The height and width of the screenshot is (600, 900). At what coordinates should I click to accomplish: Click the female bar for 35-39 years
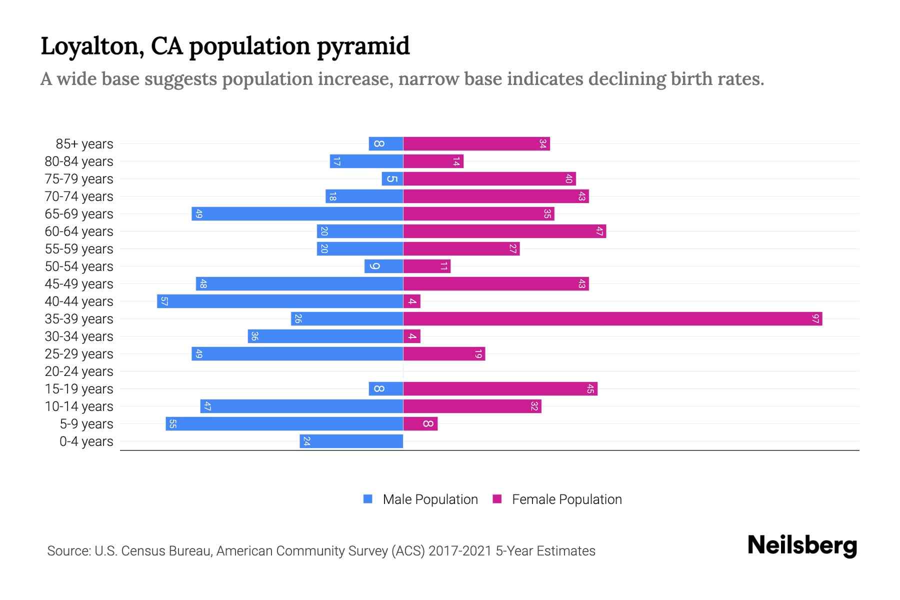(612, 318)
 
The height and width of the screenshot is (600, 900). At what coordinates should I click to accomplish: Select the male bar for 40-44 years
(280, 301)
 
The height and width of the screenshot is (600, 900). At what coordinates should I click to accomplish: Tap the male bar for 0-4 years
(351, 441)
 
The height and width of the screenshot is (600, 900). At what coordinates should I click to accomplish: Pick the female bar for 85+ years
(476, 143)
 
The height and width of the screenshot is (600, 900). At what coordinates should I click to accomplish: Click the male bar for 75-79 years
(392, 178)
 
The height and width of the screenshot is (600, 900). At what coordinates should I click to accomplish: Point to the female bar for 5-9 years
(420, 423)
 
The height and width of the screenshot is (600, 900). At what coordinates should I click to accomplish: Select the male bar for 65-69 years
(297, 213)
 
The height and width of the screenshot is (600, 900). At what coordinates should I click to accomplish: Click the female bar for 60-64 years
(504, 231)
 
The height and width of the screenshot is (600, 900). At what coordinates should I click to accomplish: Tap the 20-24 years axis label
(79, 371)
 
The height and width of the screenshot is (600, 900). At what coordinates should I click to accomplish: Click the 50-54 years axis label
(79, 266)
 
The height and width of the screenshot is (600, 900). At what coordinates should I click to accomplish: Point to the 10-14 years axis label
(79, 406)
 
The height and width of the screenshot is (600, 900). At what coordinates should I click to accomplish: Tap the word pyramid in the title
(363, 46)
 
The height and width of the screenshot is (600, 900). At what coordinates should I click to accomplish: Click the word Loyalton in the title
(93, 46)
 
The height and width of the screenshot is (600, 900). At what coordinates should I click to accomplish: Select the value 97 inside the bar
(815, 318)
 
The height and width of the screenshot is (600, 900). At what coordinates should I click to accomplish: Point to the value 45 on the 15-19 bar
(590, 388)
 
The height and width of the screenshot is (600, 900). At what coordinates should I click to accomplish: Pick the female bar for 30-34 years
(412, 336)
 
